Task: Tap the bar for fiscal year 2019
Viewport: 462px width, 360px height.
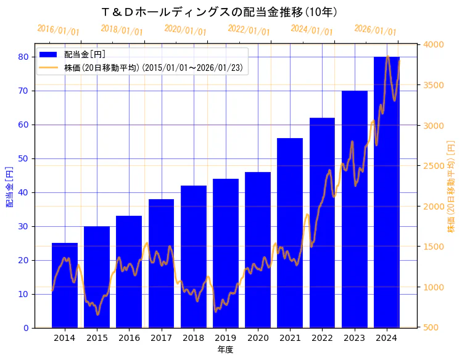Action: pyautogui.click(x=226, y=253)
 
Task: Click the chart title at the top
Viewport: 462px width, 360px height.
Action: pyautogui.click(x=219, y=12)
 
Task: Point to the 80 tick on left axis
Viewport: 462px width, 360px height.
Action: pyautogui.click(x=23, y=57)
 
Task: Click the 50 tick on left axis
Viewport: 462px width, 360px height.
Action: pyautogui.click(x=23, y=158)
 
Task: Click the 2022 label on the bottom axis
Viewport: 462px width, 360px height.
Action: pyautogui.click(x=322, y=338)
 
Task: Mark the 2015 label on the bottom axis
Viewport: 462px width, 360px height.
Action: pyautogui.click(x=97, y=338)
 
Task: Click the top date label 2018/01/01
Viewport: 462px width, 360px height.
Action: pyautogui.click(x=122, y=30)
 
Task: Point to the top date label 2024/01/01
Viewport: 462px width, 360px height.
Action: pyautogui.click(x=311, y=30)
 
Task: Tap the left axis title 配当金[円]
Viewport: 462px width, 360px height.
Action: pyautogui.click(x=9, y=186)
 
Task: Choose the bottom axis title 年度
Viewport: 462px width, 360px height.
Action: pyautogui.click(x=225, y=350)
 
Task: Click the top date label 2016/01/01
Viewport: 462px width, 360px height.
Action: pyautogui.click(x=58, y=30)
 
